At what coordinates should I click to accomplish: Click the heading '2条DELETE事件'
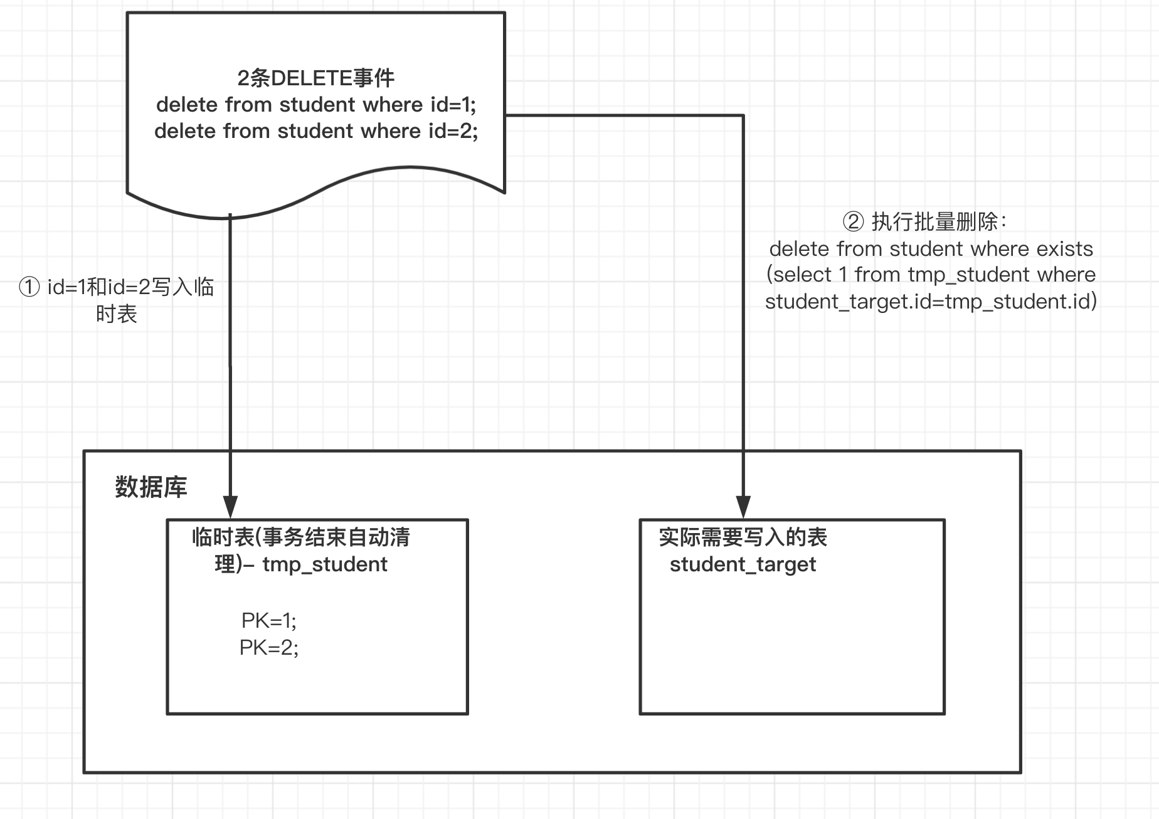(316, 78)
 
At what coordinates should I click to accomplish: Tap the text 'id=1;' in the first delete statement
(453, 105)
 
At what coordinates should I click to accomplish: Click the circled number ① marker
(29, 288)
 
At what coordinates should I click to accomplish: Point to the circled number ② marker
(853, 222)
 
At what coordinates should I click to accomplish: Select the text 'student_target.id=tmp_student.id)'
(931, 302)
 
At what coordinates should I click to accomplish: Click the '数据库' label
(151, 487)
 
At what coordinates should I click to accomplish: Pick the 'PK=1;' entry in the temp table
(269, 621)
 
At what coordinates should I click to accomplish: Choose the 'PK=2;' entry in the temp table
(269, 648)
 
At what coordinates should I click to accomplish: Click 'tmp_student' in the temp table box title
(325, 564)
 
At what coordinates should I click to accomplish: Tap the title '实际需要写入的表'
(743, 537)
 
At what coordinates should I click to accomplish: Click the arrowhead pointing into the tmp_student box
(230, 507)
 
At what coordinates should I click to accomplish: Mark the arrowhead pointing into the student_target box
(743, 507)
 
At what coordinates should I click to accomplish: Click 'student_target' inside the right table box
(743, 564)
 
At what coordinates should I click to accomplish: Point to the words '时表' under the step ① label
(117, 314)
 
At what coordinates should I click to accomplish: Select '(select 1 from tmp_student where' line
(931, 275)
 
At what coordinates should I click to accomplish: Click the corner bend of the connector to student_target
(743, 115)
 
